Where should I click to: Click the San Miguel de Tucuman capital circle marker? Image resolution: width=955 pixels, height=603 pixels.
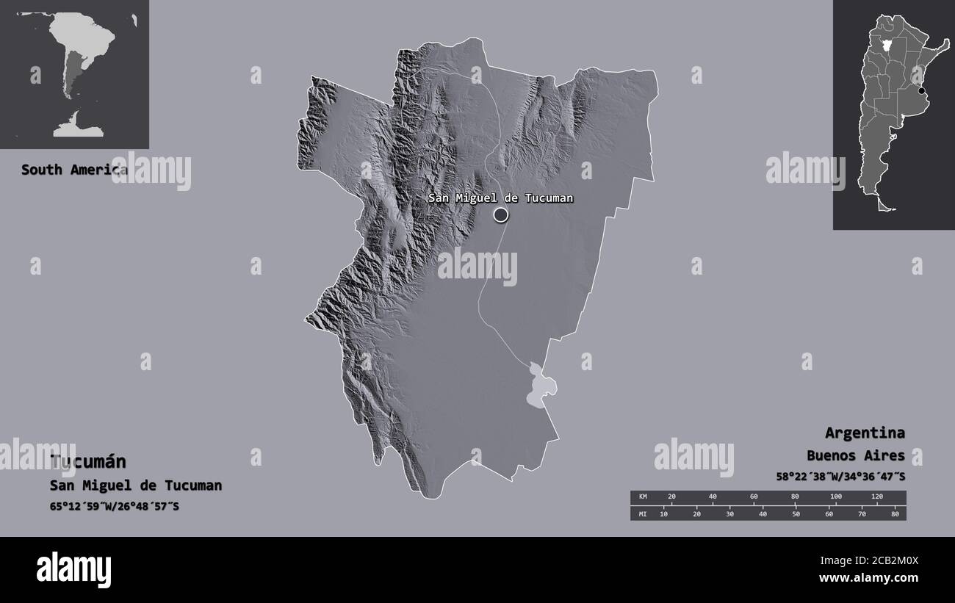500,214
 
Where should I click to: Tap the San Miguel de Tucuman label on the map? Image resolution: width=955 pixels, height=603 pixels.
500,198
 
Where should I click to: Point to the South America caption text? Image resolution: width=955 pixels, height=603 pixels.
73,170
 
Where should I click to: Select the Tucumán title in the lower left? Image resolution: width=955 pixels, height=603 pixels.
88,462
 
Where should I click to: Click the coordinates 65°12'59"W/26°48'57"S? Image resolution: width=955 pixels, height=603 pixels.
114,507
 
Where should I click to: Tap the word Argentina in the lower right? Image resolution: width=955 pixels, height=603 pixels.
865,433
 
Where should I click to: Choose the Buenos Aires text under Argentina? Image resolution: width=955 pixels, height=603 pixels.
855,455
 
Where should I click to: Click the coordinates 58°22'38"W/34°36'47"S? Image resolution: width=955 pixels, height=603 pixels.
840,477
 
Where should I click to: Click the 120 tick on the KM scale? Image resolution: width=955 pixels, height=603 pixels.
877,497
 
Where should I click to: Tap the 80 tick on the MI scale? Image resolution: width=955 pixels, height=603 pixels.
894,513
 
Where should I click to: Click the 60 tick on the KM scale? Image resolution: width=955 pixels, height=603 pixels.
754,497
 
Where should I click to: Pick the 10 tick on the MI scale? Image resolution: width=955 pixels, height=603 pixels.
664,513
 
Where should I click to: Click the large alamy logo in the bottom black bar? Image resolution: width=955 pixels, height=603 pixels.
73,570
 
